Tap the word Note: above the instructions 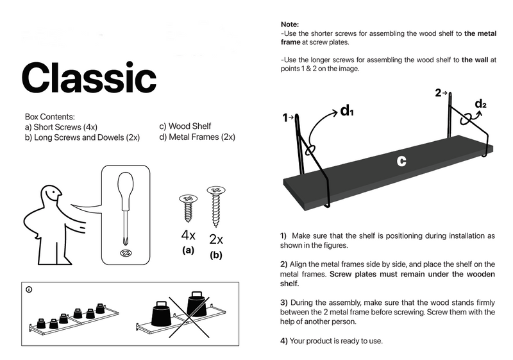(290, 24)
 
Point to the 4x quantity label (188, 234)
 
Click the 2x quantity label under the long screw (216, 240)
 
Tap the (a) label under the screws (188, 250)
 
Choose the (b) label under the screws (216, 255)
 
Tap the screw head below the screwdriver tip (124, 253)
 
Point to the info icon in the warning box (29, 289)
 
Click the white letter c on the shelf (401, 162)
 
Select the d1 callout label (347, 111)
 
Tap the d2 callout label (480, 104)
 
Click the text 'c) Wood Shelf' (185, 126)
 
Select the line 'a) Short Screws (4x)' (59, 127)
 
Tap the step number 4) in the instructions (283, 341)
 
